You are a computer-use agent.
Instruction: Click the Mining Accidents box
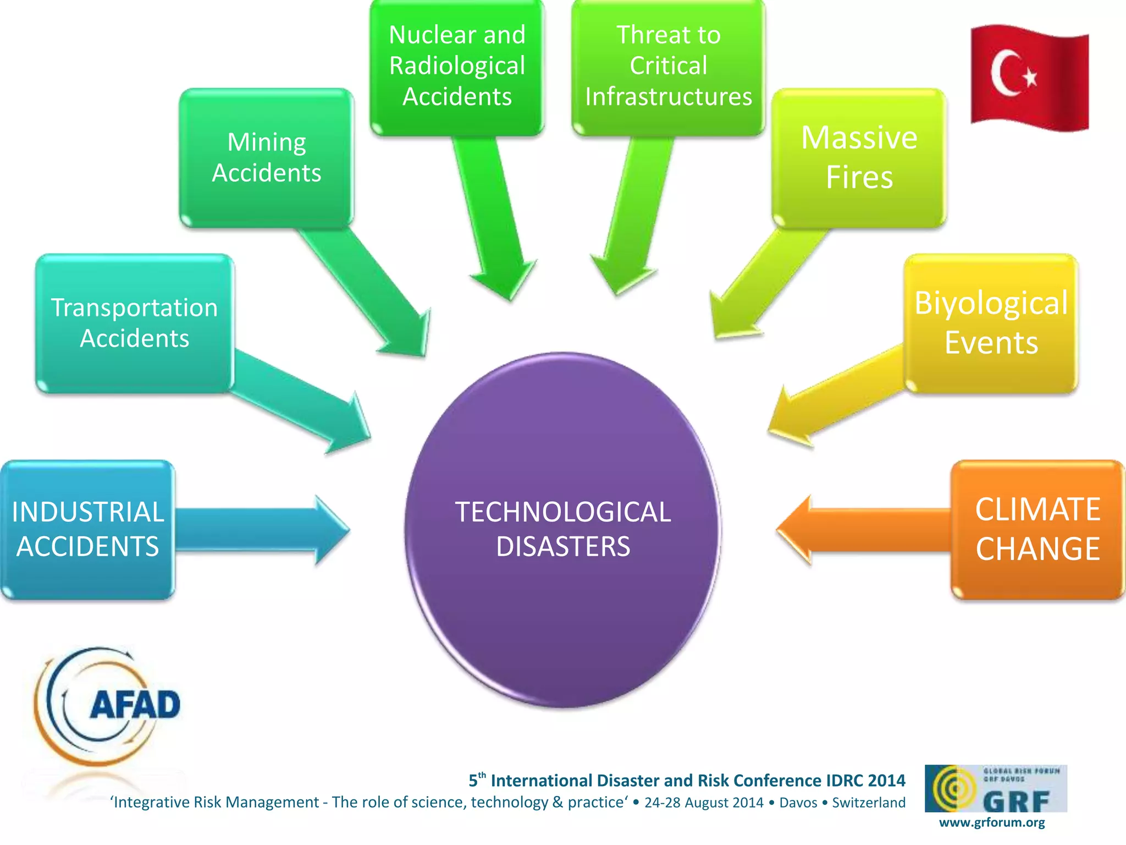pos(267,157)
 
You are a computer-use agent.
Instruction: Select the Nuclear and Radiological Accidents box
pos(457,66)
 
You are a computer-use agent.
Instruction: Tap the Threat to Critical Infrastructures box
pos(668,66)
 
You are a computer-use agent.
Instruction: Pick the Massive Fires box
pos(859,157)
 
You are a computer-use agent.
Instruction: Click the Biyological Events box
pos(991,323)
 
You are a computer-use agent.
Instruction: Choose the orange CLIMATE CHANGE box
pos(1037,529)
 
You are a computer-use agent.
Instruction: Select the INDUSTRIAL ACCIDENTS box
pos(87,529)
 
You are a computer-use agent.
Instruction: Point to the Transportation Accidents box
pos(135,323)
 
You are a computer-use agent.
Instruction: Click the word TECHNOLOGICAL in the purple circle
pos(562,512)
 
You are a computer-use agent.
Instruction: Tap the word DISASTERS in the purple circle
pos(562,547)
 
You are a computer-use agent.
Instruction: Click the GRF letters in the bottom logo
pos(1016,802)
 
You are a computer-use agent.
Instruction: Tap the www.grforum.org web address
pos(992,822)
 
